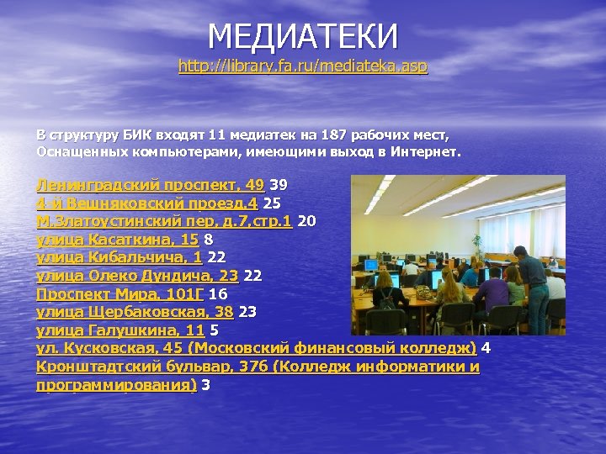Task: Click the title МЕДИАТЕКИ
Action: point(303,36)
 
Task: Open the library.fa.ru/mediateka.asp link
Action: point(303,66)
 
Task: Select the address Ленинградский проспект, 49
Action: point(150,184)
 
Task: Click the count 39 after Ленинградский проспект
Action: point(279,184)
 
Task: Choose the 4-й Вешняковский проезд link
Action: point(146,203)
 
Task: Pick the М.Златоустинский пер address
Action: point(163,221)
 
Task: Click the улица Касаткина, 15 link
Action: point(117,240)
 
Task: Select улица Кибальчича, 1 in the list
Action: point(119,258)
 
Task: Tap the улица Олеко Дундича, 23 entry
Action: point(137,276)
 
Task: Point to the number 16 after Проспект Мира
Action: point(218,294)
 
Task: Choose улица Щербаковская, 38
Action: point(135,312)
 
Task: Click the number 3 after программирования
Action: point(206,385)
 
